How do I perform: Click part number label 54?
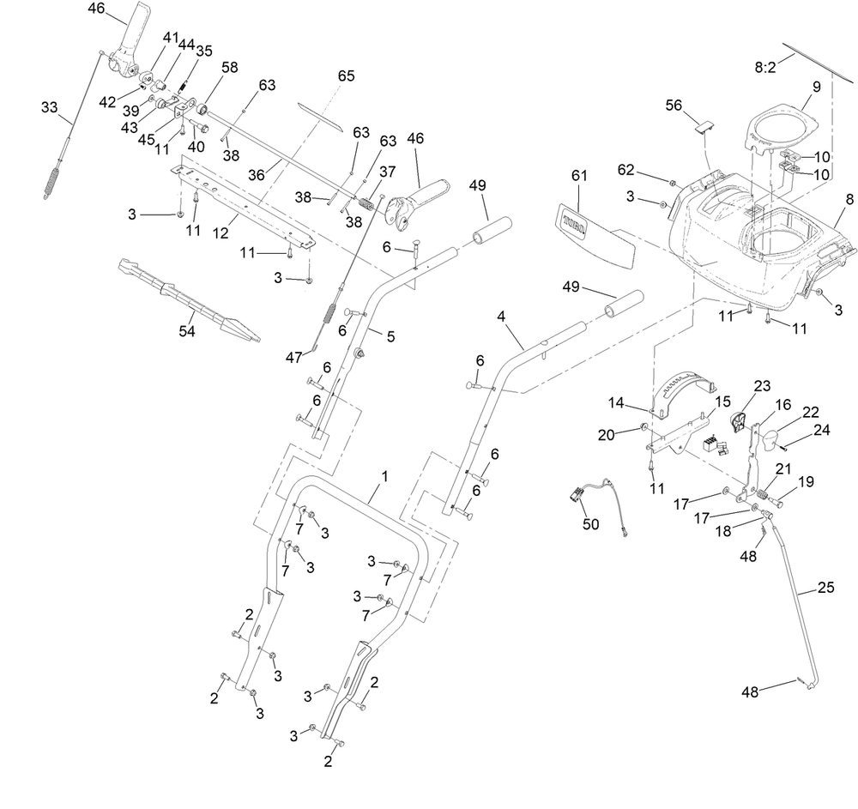[x=187, y=331]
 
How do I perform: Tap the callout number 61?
[x=579, y=175]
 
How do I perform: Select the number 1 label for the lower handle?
[x=384, y=476]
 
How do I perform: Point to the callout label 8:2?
[x=765, y=67]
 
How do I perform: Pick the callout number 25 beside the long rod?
[x=826, y=587]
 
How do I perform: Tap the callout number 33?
[x=49, y=107]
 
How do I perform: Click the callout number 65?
[x=347, y=75]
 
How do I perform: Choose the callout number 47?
[x=293, y=357]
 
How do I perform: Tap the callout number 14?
[x=616, y=403]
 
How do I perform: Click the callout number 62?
[x=626, y=170]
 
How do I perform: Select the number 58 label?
[x=230, y=67]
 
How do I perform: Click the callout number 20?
[x=607, y=435]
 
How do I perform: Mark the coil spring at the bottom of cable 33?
[x=51, y=183]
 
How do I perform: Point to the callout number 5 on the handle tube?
[x=390, y=336]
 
